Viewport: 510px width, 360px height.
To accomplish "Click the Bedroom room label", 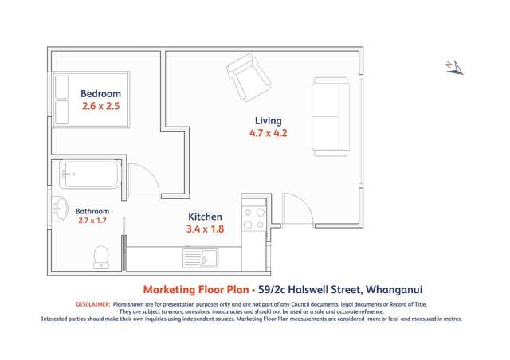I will [100, 93].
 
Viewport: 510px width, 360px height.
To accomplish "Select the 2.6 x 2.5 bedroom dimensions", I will [100, 105].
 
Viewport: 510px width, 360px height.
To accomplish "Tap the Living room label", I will [268, 121].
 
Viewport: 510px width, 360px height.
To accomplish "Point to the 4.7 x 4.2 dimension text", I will [268, 134].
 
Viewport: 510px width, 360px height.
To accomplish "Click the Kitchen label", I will [205, 217].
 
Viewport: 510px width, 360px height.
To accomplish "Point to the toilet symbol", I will [101, 256].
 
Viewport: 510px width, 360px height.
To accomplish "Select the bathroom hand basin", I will [60, 209].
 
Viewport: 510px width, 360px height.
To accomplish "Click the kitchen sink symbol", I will [200, 257].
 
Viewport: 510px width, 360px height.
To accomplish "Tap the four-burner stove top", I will [253, 219].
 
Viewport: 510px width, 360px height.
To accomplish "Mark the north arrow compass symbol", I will [453, 67].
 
